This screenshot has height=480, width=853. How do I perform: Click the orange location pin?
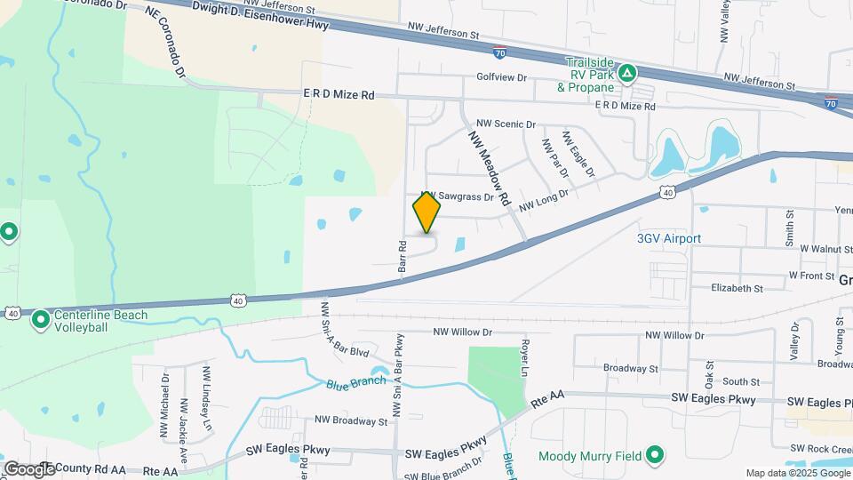426,212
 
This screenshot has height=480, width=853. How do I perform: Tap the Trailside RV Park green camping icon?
627,73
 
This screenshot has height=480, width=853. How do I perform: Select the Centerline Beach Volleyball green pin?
40,319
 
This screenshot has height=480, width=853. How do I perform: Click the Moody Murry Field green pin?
656,456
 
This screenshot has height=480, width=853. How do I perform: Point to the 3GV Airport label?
669,238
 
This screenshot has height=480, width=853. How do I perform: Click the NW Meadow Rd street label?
488,165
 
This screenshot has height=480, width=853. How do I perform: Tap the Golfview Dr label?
502,77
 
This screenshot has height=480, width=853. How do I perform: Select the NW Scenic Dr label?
506,124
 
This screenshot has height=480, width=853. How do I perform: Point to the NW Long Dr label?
544,204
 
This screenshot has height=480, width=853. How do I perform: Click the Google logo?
28,468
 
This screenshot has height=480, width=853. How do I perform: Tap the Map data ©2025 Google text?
797,473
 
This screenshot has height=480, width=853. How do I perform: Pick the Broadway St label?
630,368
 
